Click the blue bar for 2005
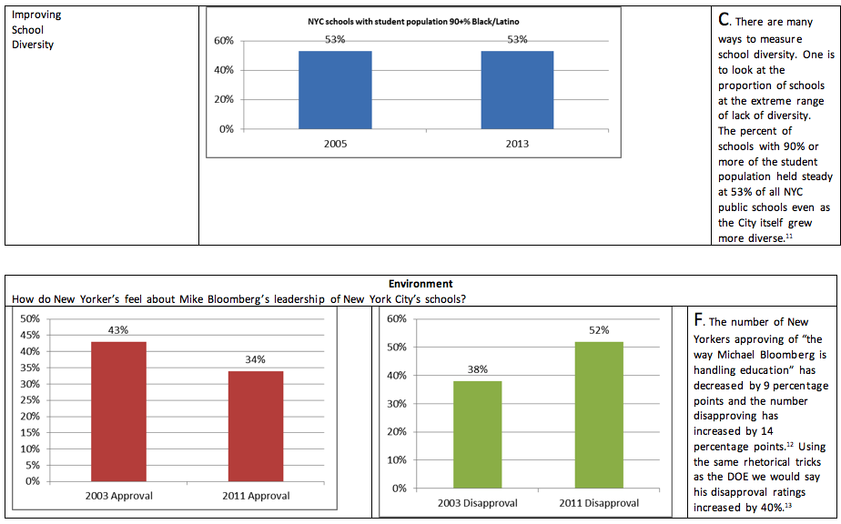(334, 89)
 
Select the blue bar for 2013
(517, 89)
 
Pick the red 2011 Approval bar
(255, 426)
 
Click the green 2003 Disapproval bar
(478, 434)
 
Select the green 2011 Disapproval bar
(598, 415)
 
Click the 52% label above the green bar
(598, 330)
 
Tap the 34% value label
(255, 359)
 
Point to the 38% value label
(478, 369)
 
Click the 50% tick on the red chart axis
(30, 318)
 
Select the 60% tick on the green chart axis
(397, 319)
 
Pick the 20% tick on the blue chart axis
(223, 99)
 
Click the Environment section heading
(420, 284)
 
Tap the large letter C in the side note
(724, 19)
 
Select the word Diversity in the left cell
(33, 45)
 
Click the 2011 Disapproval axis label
(598, 503)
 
